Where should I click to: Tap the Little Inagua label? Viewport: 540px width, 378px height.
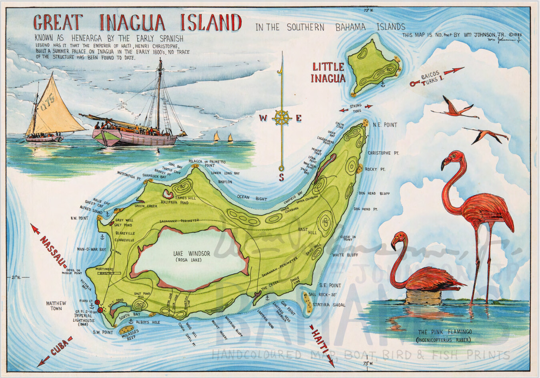click(328, 72)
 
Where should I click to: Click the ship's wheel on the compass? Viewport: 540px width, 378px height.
click(282, 118)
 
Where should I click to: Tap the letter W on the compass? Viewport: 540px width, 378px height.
click(263, 118)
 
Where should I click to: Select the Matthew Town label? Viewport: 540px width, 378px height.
click(56, 306)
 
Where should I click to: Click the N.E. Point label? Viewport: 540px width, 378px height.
click(385, 125)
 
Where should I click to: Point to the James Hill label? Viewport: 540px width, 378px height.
click(185, 198)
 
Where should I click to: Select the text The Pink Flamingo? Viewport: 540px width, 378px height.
click(444, 332)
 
